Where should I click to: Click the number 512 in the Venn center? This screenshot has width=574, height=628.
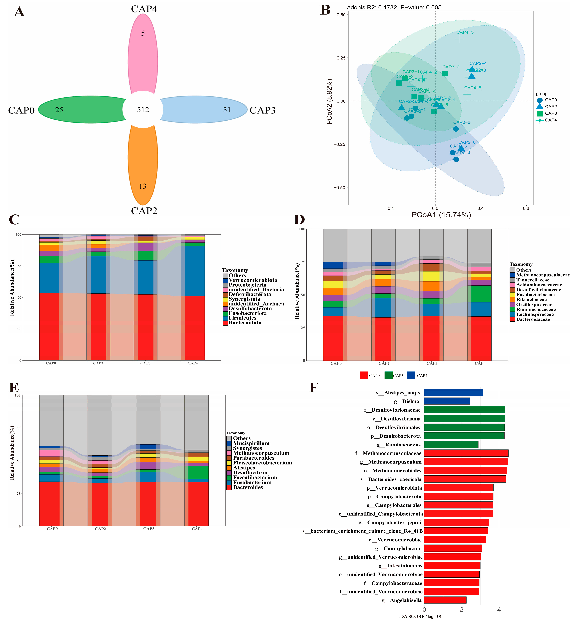click(143, 110)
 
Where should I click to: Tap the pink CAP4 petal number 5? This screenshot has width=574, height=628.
click(143, 33)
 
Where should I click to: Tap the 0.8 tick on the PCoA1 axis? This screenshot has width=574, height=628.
click(526, 208)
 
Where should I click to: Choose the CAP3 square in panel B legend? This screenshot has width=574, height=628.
click(539, 113)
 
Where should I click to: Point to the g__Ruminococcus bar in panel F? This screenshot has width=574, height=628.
click(451, 445)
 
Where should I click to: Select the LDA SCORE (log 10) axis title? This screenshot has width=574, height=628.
click(419, 616)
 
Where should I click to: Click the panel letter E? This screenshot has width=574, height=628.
click(14, 388)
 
